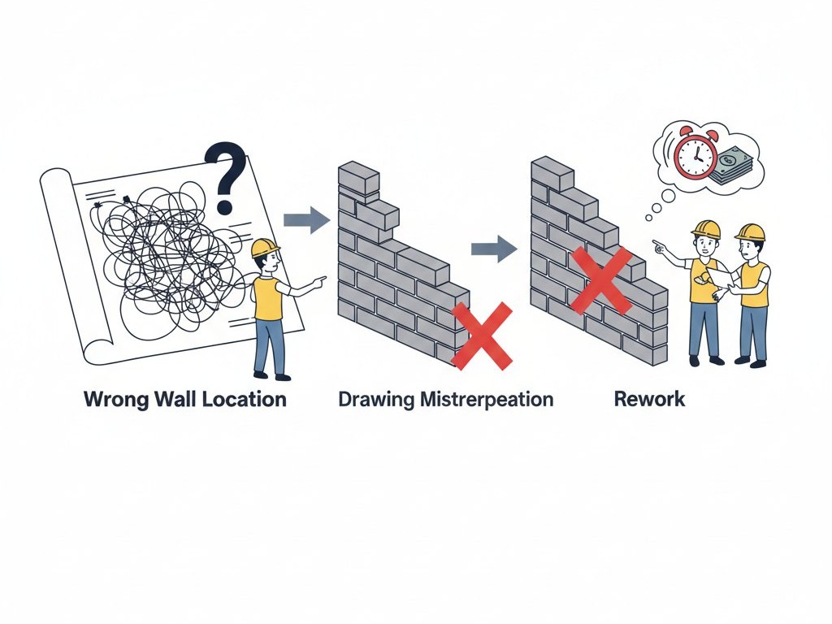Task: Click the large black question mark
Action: [225, 172]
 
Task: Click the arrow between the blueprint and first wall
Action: [305, 219]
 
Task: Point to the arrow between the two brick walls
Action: [494, 248]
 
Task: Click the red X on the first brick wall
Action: [481, 336]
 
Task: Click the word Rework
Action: [649, 399]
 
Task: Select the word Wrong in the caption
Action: [114, 399]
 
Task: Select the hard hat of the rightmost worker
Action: [750, 232]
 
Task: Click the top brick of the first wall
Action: [358, 175]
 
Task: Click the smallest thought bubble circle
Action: [649, 217]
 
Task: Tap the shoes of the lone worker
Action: [271, 375]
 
